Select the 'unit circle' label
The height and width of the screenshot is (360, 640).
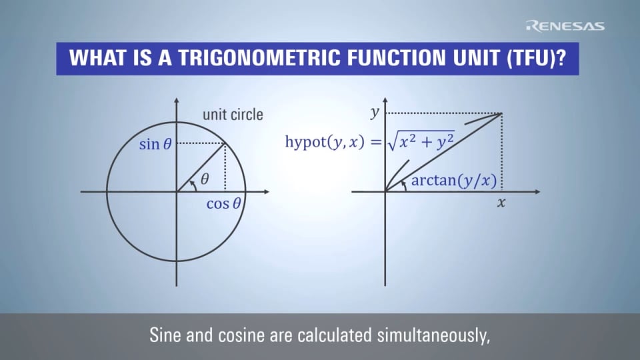(x=233, y=115)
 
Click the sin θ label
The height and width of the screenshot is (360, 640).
(x=159, y=144)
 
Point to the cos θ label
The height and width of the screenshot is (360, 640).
(x=223, y=204)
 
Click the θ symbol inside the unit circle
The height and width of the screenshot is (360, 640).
(x=205, y=179)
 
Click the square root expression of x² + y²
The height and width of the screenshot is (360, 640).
(x=420, y=141)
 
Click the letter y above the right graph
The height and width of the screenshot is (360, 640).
(x=375, y=113)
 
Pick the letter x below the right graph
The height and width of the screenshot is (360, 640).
(x=501, y=203)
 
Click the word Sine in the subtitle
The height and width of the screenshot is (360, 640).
(x=165, y=335)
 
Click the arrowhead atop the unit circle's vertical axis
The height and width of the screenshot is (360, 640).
(x=177, y=101)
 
